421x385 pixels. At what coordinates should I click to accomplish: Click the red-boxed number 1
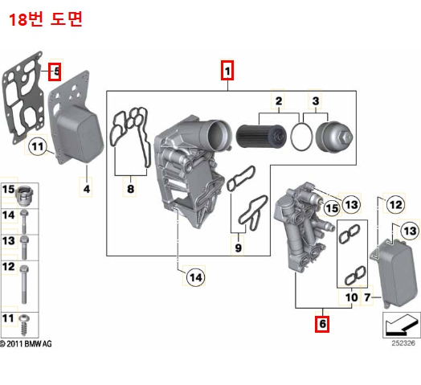(x=228, y=72)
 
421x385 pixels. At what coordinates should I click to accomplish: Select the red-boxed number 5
(x=55, y=72)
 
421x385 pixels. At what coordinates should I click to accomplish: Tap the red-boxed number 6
(x=321, y=325)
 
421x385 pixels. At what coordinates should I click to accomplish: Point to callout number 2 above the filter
(x=279, y=100)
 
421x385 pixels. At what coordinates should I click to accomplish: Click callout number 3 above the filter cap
(x=316, y=100)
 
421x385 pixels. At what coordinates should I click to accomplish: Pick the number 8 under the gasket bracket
(x=130, y=190)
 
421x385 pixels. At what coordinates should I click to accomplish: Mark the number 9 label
(x=238, y=248)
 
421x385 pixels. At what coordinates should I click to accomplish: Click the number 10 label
(x=350, y=298)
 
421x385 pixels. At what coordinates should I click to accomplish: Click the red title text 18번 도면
(x=45, y=19)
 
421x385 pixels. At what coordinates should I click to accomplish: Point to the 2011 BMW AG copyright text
(x=27, y=344)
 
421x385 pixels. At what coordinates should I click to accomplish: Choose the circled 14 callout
(x=195, y=277)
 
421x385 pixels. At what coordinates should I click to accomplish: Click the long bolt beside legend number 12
(x=27, y=276)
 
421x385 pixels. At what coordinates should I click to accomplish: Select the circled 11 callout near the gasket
(x=37, y=146)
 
